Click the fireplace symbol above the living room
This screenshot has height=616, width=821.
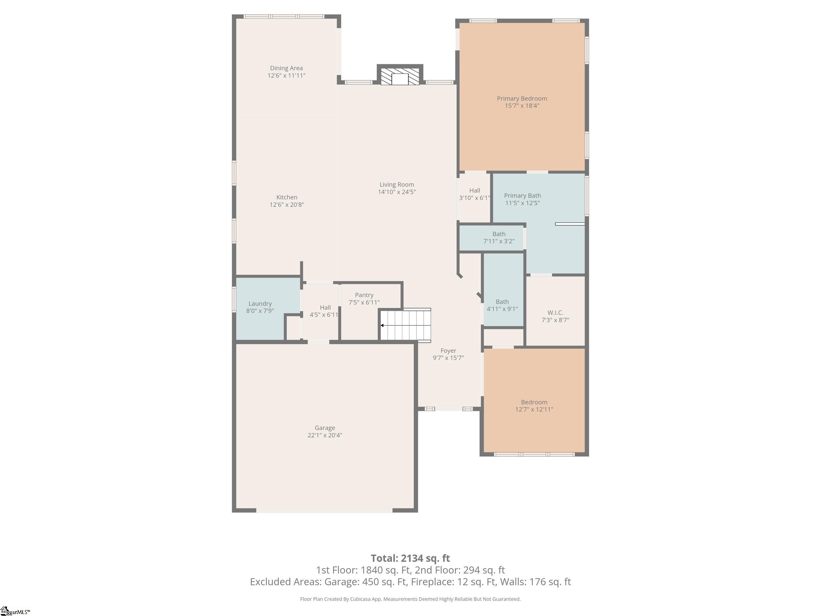[x=400, y=77]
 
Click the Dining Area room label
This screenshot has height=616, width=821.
[x=286, y=68]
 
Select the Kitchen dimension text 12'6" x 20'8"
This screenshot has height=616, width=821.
[x=287, y=205]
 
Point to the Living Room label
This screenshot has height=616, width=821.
[x=397, y=185]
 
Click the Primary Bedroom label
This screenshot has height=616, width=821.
[x=522, y=99]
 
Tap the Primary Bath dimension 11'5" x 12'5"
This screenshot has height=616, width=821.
[x=522, y=203]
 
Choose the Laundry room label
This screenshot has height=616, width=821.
[x=260, y=304]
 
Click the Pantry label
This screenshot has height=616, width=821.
[x=364, y=295]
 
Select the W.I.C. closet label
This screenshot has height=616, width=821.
[x=555, y=313]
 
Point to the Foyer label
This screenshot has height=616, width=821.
[x=448, y=351]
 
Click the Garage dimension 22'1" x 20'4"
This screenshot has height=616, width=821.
[x=325, y=435]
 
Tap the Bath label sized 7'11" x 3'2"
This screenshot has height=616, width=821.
[x=499, y=234]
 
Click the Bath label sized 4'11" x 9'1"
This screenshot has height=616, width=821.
[x=502, y=302]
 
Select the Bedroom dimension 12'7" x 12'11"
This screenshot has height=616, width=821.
[x=534, y=410]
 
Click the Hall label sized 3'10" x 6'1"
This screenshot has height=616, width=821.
[x=475, y=191]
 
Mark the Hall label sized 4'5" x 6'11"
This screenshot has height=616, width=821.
[x=325, y=308]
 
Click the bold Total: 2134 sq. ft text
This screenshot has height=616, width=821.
[x=411, y=559]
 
